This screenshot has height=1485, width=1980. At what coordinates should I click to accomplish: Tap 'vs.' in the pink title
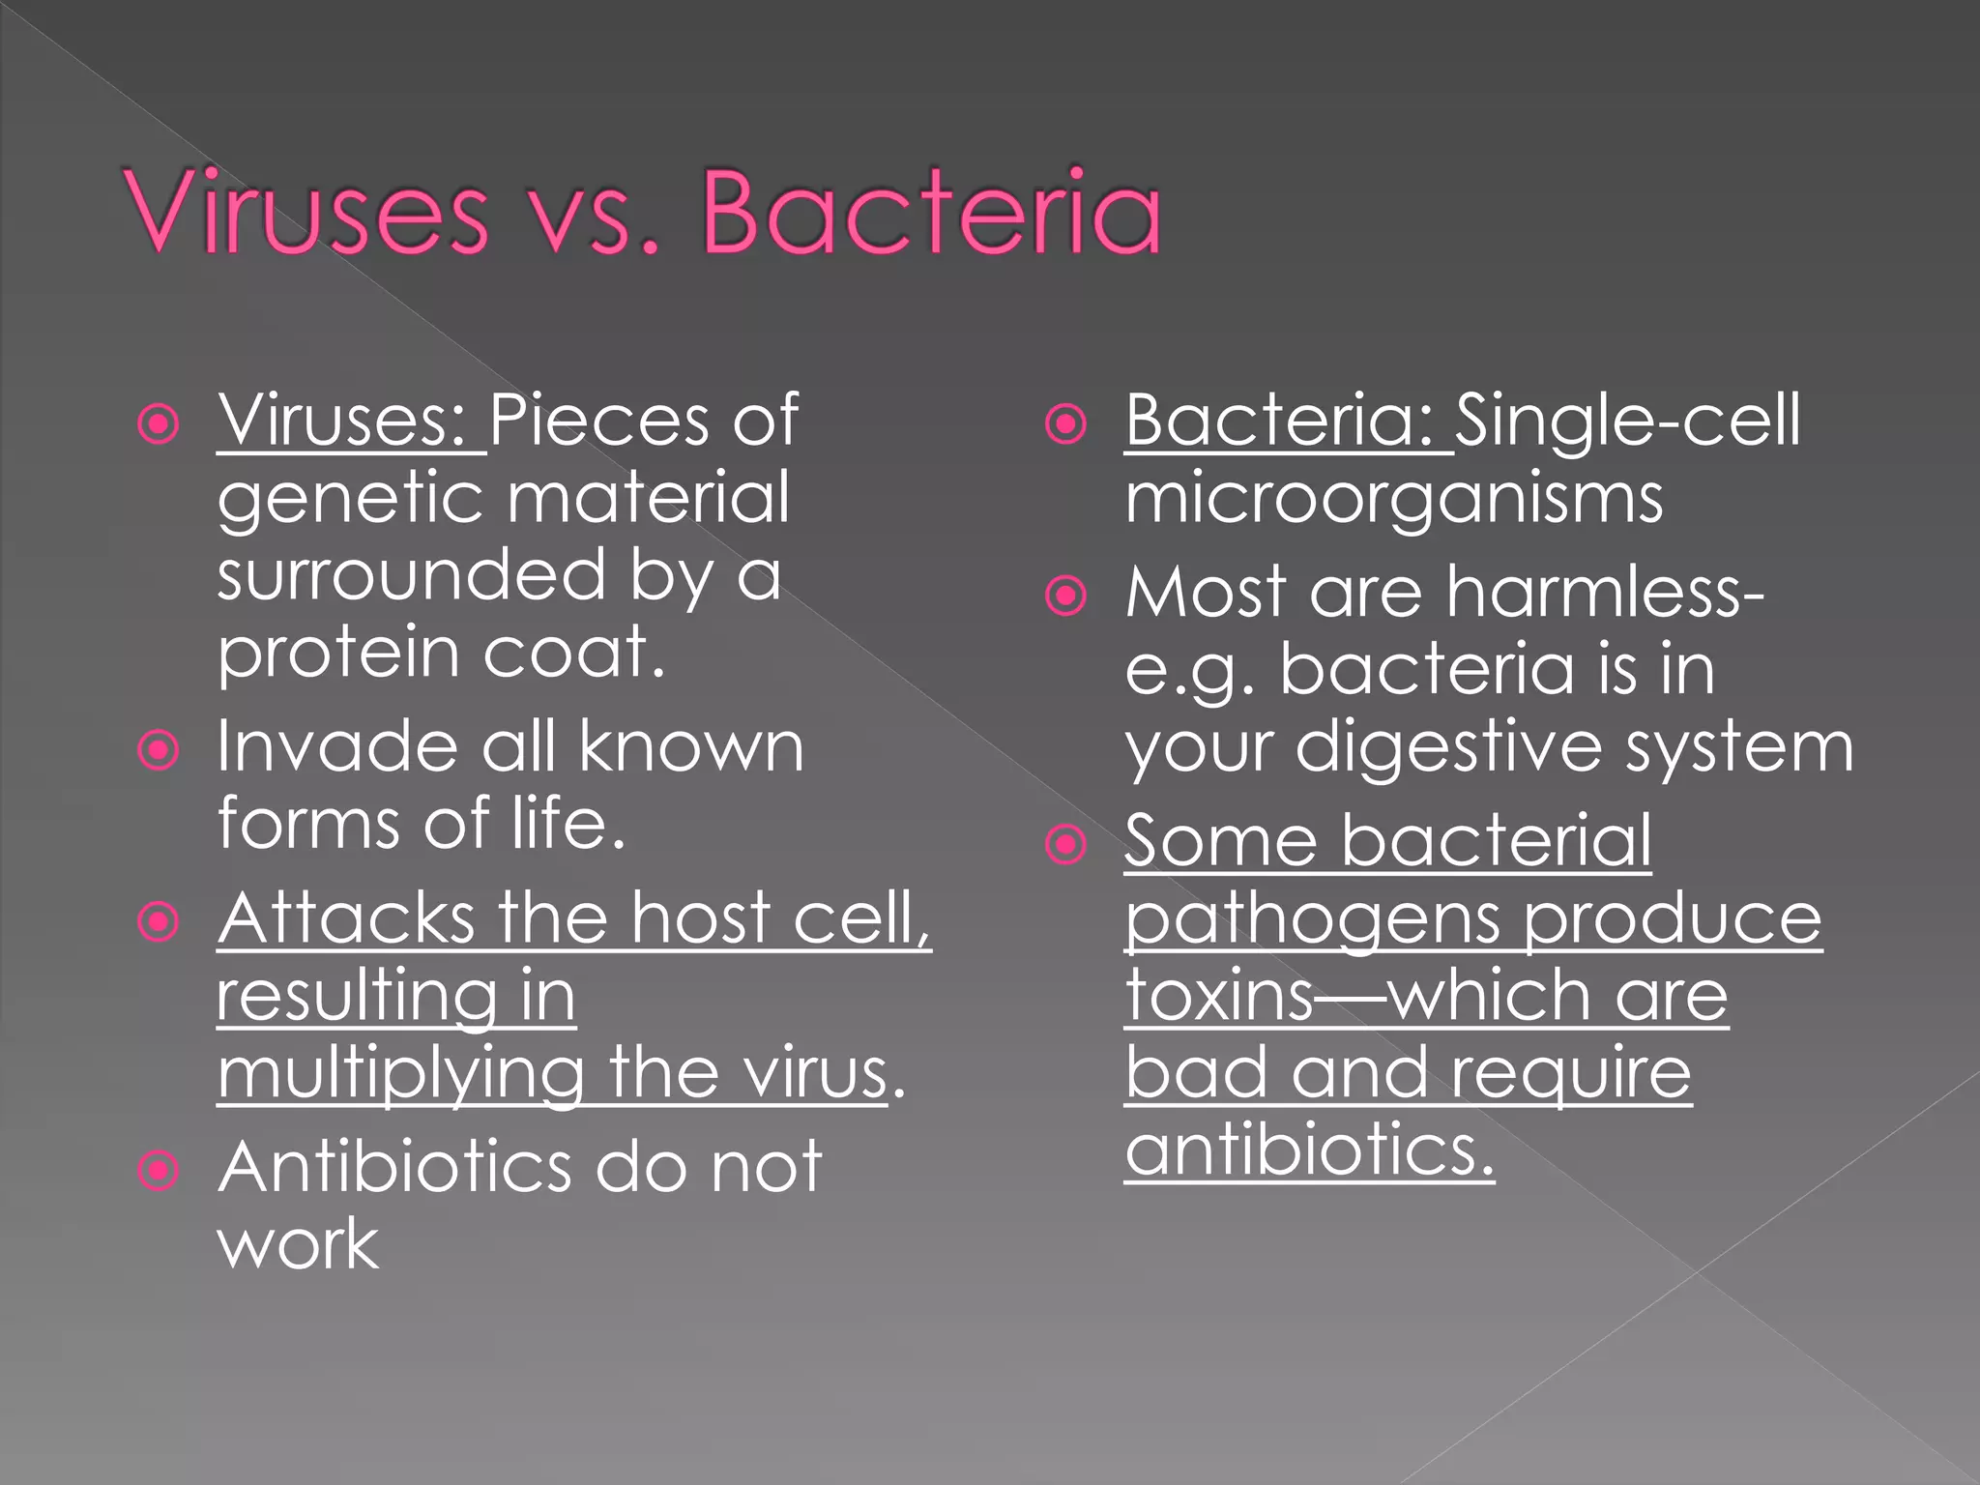click(597, 215)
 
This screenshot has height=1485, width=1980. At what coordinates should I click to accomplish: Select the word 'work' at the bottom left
click(298, 1245)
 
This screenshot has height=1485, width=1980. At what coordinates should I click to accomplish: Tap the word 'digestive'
click(1449, 748)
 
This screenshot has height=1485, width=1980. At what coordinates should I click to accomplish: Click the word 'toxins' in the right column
click(1218, 996)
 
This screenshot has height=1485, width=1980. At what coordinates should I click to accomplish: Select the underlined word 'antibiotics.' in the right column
click(1309, 1150)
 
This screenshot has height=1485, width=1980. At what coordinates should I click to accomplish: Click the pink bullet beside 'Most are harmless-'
click(1066, 596)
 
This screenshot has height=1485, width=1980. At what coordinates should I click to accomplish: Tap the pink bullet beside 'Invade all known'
click(159, 750)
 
